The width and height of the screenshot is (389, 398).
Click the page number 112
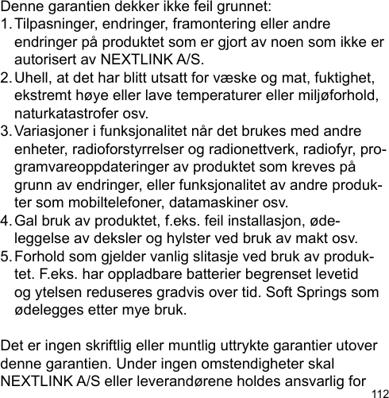pos(378,392)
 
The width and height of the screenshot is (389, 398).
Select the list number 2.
pos(7,78)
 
